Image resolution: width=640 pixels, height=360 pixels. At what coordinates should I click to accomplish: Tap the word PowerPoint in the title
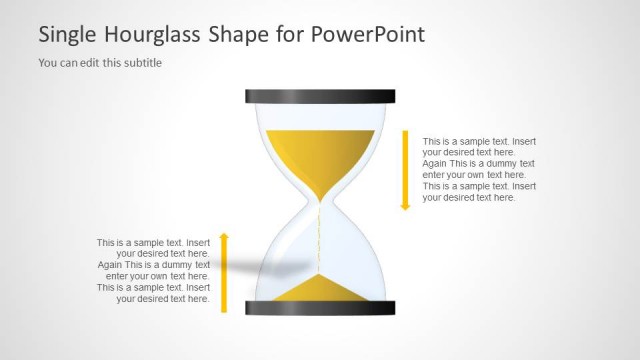(x=369, y=34)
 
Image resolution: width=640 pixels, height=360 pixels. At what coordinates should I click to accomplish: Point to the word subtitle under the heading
(x=141, y=63)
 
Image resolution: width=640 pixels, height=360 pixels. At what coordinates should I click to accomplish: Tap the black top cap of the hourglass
(x=320, y=97)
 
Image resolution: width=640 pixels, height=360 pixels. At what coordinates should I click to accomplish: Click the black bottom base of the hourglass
(x=320, y=308)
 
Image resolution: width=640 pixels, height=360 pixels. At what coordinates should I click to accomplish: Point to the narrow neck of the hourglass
(x=320, y=202)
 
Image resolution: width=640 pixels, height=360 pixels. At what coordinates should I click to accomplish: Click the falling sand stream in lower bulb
(x=320, y=240)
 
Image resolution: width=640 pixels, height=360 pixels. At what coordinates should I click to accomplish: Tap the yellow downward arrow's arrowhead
(x=406, y=205)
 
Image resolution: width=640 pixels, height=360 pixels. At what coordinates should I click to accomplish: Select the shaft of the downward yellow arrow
(x=406, y=165)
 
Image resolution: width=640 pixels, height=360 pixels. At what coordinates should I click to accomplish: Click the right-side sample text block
(x=479, y=169)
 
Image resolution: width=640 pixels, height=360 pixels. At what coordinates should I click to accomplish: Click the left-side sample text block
(x=153, y=270)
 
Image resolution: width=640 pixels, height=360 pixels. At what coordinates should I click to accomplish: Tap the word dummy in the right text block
(x=503, y=164)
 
